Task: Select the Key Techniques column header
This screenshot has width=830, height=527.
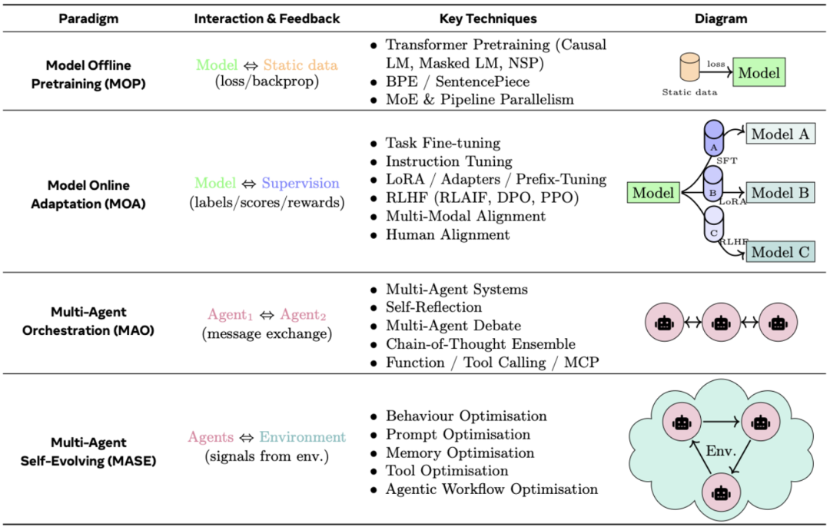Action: click(x=488, y=18)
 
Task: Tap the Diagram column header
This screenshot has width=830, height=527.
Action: click(x=725, y=18)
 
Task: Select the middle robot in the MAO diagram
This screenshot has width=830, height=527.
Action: click(x=720, y=323)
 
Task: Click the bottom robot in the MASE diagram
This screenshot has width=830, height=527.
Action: click(x=720, y=492)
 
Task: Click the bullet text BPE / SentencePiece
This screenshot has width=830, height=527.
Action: click(x=457, y=81)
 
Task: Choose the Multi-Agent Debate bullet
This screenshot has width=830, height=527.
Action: click(x=453, y=326)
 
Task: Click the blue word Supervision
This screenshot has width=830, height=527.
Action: click(x=300, y=184)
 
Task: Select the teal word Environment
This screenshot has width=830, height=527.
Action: click(x=302, y=437)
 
